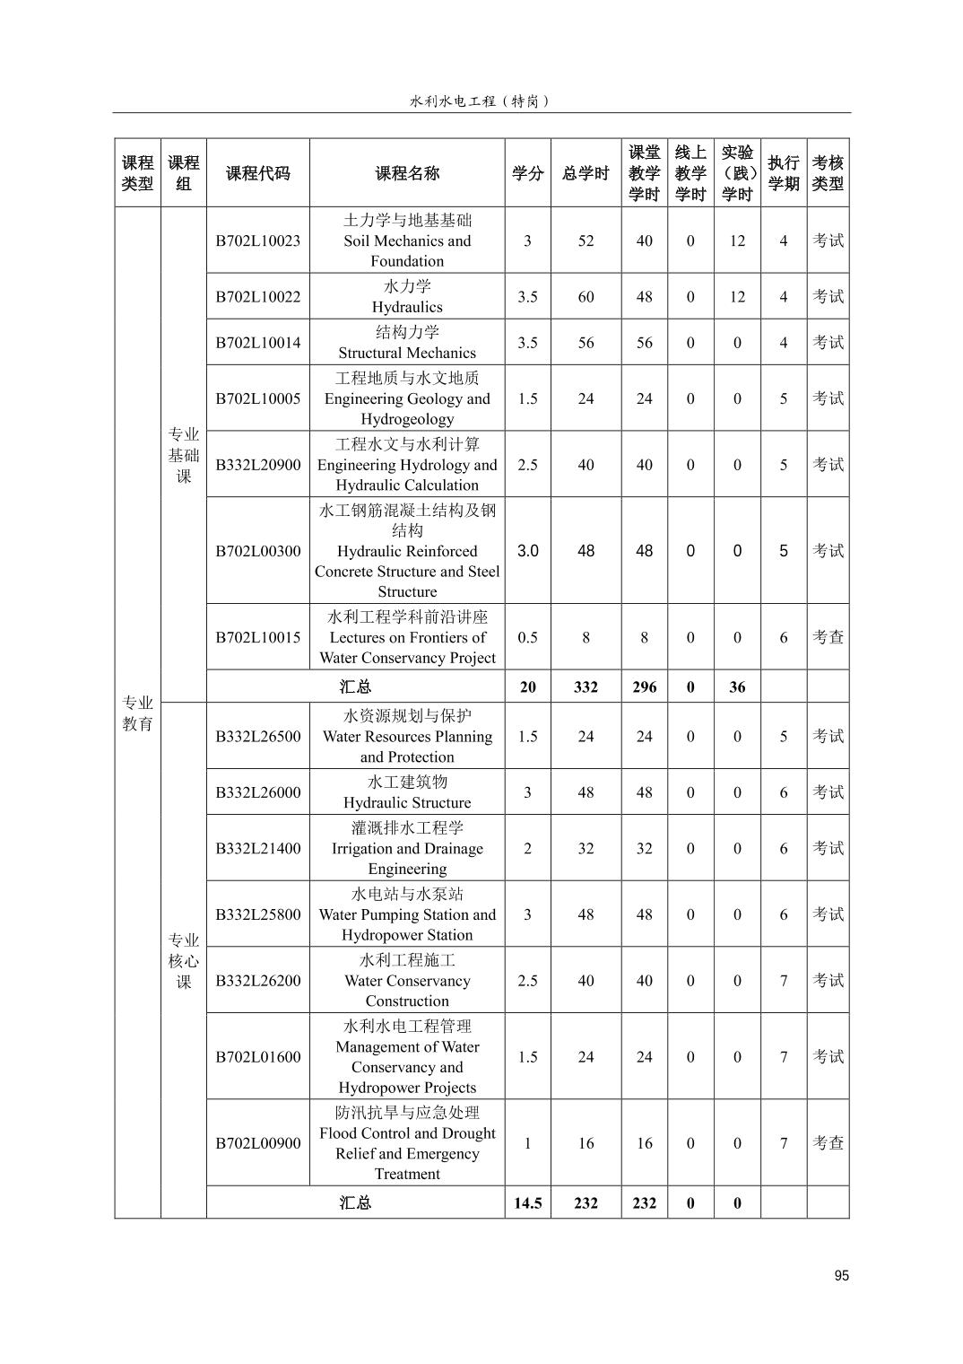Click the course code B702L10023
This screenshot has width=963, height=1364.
tap(257, 240)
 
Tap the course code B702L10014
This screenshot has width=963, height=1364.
tap(257, 342)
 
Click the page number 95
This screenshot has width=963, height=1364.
tap(840, 1276)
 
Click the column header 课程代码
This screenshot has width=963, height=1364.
tap(257, 173)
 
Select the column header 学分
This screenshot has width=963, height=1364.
tap(527, 173)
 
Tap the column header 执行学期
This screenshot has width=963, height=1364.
tap(783, 173)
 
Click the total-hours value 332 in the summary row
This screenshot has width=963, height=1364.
tap(586, 686)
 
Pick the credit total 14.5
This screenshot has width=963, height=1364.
tap(527, 1202)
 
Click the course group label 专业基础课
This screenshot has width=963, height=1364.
tap(184, 455)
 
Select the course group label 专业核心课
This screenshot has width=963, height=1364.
tap(184, 960)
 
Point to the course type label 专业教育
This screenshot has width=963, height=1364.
tap(137, 713)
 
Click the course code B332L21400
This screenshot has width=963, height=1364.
tap(257, 848)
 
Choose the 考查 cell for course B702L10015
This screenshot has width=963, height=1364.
tap(828, 637)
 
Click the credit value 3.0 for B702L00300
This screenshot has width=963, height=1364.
tap(527, 551)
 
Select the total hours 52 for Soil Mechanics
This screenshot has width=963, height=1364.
tap(586, 240)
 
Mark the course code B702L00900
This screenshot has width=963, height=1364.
tap(257, 1143)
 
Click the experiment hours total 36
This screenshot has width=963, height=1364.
tap(737, 686)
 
